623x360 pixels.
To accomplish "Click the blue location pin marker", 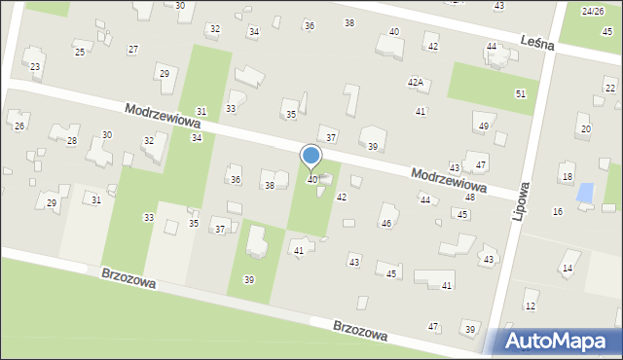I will [311, 158].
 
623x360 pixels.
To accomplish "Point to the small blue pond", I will [585, 193].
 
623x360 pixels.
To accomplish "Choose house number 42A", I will [416, 83].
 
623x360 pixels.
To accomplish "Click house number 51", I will [521, 93].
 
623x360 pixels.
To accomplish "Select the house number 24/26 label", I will [592, 11].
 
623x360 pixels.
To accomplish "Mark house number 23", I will [35, 66].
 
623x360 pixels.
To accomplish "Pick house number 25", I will [80, 52].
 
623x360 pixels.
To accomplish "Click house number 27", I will [132, 49].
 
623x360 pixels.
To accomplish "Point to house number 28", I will [72, 141].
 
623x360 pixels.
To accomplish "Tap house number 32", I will [149, 141].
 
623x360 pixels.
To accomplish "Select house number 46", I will [386, 224].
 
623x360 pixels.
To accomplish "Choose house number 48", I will [469, 197].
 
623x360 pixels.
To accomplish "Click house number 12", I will [530, 306].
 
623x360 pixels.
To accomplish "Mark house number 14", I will [568, 268].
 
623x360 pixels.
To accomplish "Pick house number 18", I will [567, 176].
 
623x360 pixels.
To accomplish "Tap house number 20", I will [585, 128].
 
